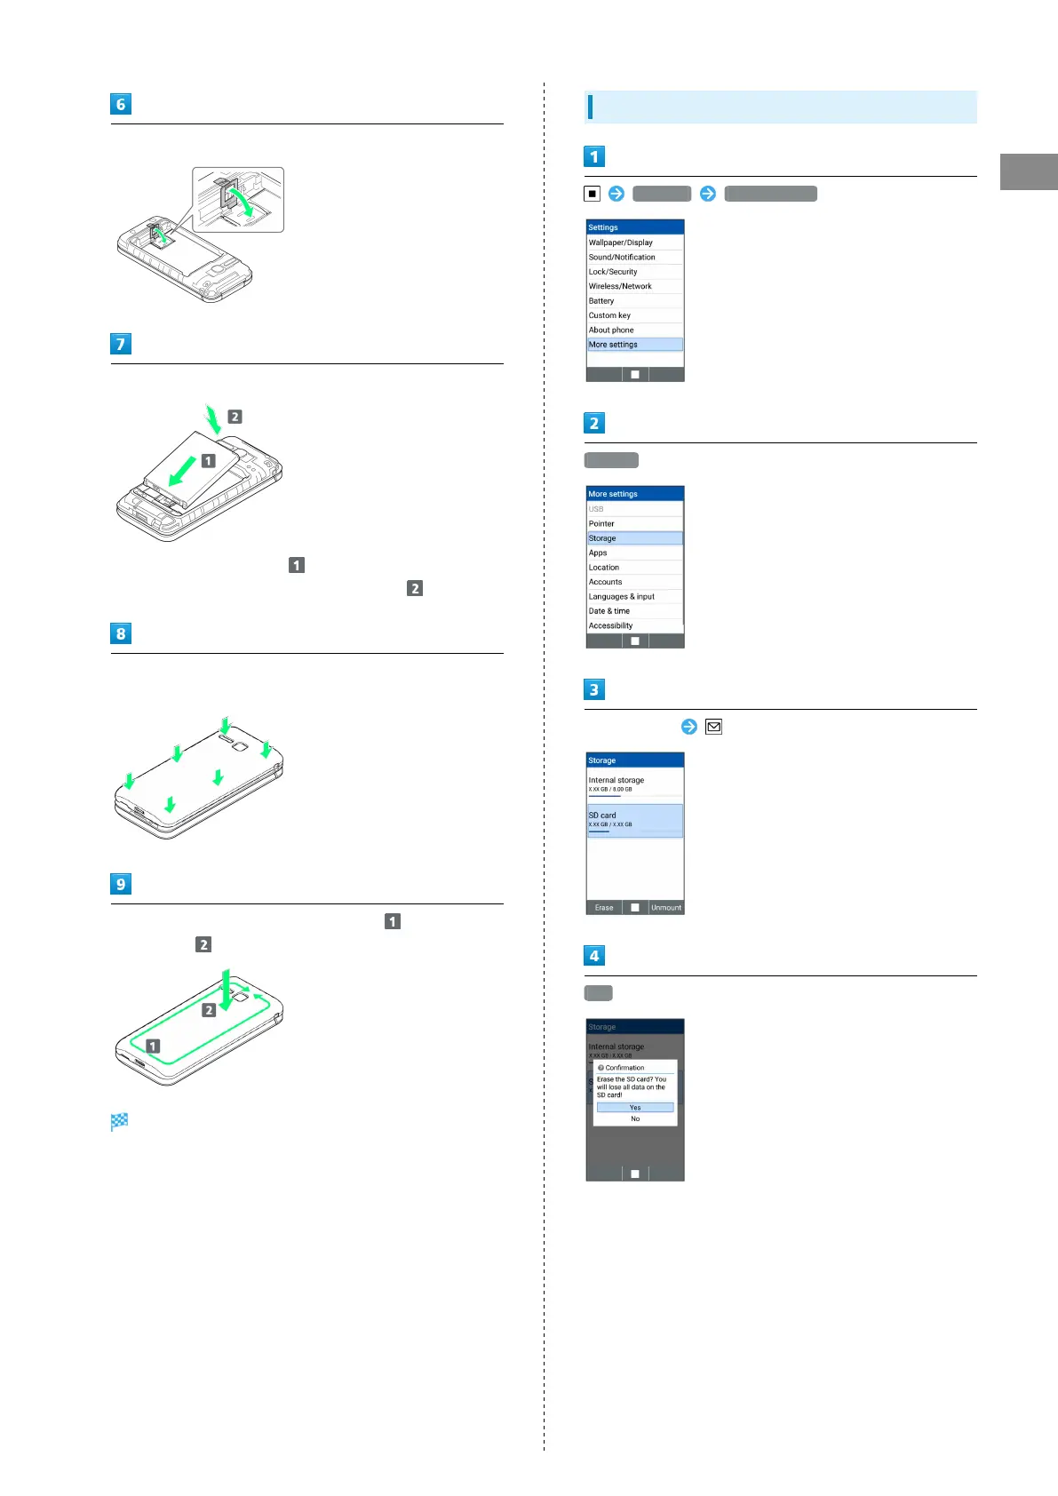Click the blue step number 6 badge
coord(121,104)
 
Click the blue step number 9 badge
coord(121,884)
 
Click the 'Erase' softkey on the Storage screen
coord(604,907)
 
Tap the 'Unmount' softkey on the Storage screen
coord(666,907)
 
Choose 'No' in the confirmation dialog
coord(635,1118)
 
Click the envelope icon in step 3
coord(713,727)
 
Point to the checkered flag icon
coord(120,1121)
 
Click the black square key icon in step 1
coord(593,194)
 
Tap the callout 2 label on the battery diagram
coord(235,417)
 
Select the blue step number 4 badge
coord(594,955)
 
